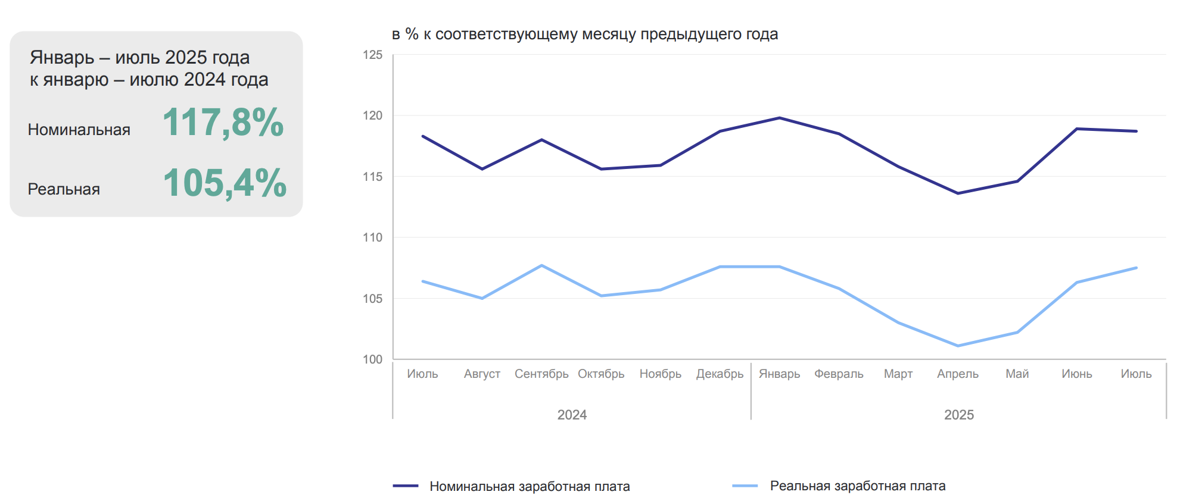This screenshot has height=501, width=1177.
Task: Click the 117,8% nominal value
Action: tap(223, 122)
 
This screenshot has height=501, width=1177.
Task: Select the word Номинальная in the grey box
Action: tap(79, 130)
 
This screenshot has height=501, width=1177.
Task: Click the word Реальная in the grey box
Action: tap(64, 189)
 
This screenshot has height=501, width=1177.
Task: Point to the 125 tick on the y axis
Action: tap(373, 55)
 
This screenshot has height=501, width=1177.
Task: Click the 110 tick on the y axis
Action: tap(373, 237)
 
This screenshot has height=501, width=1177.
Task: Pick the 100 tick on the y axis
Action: tap(373, 359)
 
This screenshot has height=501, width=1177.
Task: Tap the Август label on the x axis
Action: tap(482, 374)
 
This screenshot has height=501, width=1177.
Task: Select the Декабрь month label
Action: tap(720, 374)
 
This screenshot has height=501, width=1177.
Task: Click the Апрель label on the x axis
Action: tap(958, 374)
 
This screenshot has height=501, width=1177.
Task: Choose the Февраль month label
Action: tap(839, 374)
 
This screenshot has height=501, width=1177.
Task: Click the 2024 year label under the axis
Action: tap(572, 415)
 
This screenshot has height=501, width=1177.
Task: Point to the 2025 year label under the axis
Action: tap(959, 415)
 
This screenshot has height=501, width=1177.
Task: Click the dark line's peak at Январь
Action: tap(780, 118)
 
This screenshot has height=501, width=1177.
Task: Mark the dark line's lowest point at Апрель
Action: tap(958, 193)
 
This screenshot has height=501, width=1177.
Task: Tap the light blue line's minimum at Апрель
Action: tap(958, 346)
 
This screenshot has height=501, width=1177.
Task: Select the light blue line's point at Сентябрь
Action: tap(541, 265)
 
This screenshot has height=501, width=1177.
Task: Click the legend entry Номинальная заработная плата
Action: tap(530, 486)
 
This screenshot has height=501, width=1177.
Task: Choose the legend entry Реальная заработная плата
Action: tap(857, 486)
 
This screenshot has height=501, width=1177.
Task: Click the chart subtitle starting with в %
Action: tap(585, 34)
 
